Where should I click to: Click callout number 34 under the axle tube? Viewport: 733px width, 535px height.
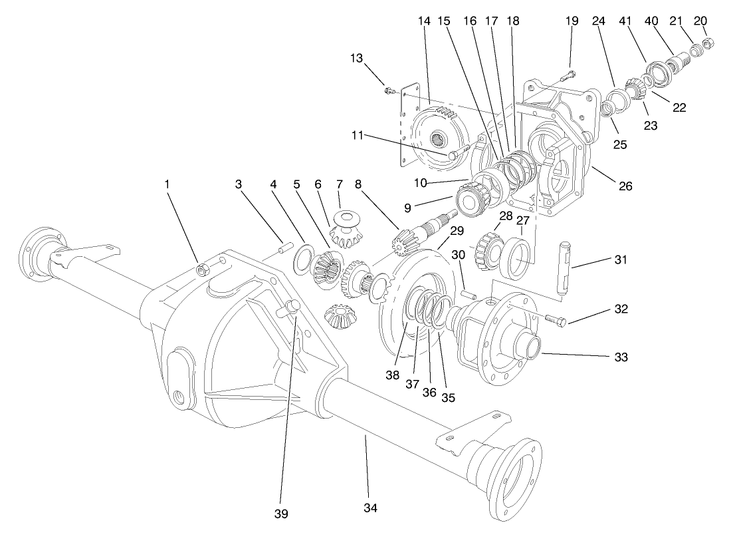click(x=370, y=508)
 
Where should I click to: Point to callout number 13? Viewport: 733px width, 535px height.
click(x=357, y=58)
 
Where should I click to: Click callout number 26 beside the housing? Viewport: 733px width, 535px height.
click(x=625, y=186)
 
